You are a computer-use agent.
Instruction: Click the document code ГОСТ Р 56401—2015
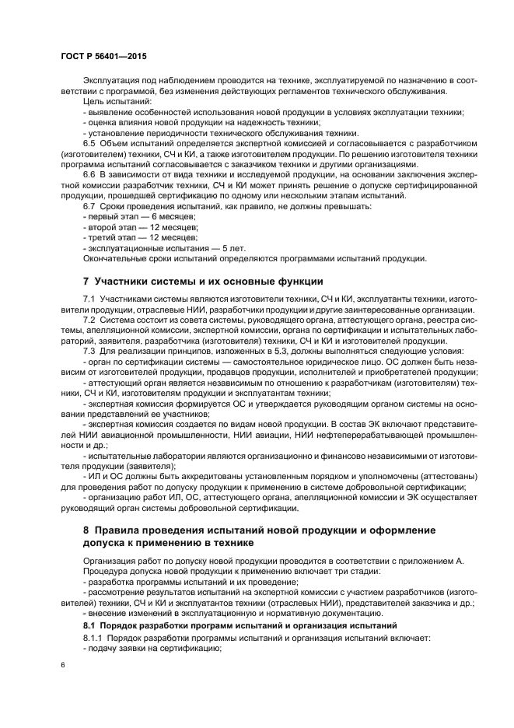click(103, 58)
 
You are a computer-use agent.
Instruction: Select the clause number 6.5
click(90, 144)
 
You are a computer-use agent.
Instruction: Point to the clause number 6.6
click(90, 175)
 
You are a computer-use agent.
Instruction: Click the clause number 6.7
click(90, 206)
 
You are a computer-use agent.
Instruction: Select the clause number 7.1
click(90, 299)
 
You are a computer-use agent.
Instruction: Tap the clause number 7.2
click(90, 320)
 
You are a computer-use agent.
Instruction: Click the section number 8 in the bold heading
click(86, 530)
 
